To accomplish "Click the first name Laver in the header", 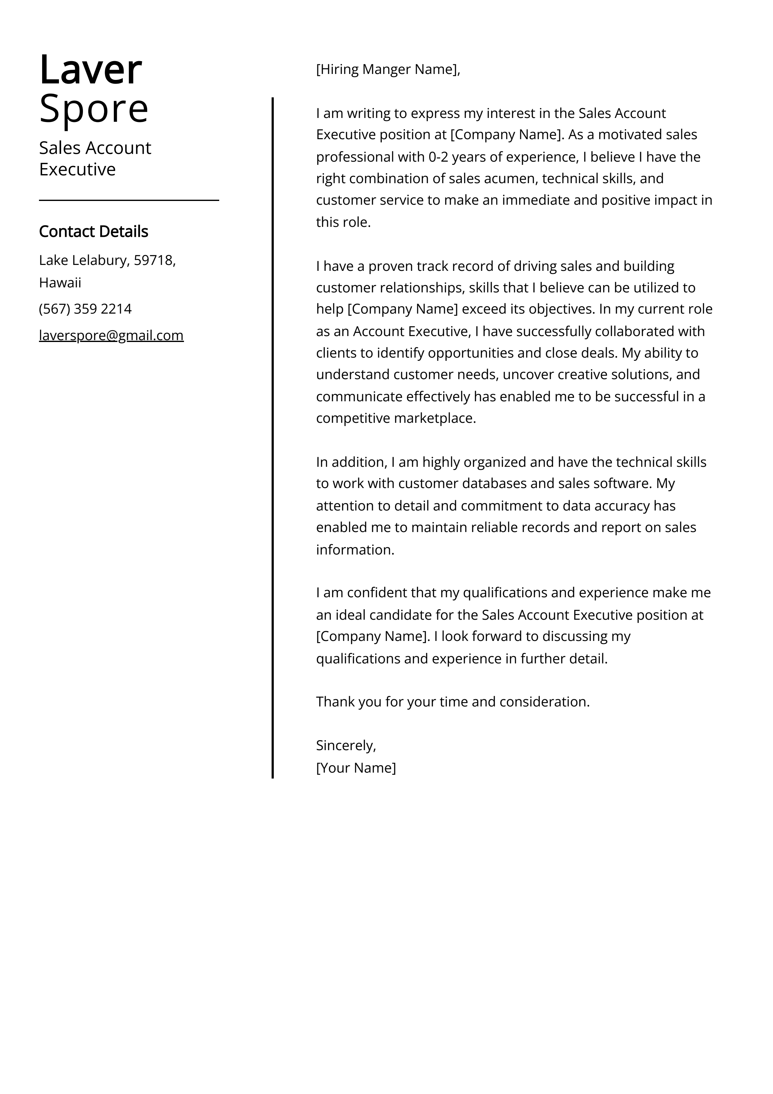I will (x=90, y=70).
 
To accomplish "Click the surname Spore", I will (x=94, y=109).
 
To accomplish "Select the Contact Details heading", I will (x=93, y=232).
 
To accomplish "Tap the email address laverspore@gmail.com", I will (x=111, y=335).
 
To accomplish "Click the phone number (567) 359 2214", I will (x=85, y=309).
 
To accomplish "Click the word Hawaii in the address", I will (x=60, y=283).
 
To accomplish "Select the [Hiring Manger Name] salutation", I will (x=388, y=70).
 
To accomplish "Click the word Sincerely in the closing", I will (x=345, y=745).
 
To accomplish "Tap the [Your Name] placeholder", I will (x=356, y=768).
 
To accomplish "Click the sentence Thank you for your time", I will (x=452, y=702).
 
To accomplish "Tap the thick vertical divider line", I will (x=273, y=429).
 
